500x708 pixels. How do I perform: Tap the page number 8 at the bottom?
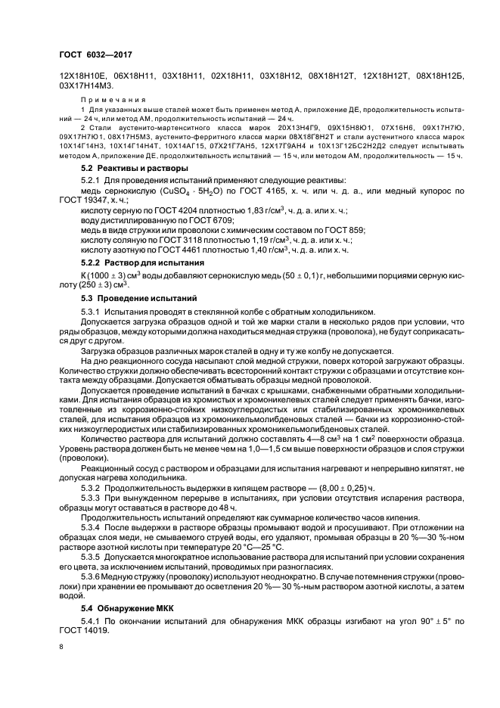coord(61,647)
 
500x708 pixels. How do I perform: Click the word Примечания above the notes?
coord(105,99)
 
